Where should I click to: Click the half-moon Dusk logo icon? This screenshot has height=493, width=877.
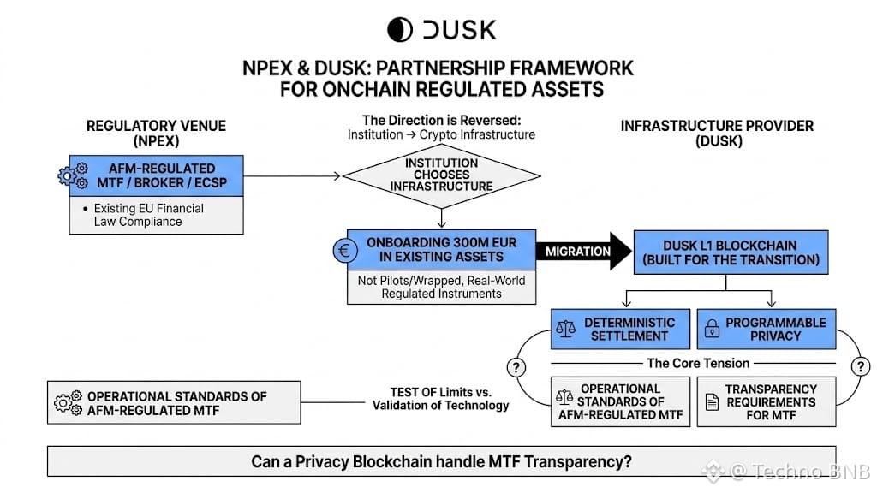coord(400,30)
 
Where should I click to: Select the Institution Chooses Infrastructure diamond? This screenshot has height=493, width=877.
coord(441,175)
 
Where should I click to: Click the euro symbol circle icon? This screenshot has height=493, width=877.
coord(345,251)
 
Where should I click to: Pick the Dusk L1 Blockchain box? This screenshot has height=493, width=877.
coord(731,252)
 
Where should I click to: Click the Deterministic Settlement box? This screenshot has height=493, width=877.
coord(620,330)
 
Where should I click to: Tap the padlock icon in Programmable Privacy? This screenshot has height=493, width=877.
coord(712,328)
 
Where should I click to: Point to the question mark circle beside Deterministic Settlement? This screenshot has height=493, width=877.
coord(516,367)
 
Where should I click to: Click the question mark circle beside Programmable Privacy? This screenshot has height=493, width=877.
coord(860,366)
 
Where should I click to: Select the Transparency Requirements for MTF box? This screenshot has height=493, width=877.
coord(767,402)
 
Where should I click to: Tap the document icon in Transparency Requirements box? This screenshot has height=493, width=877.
coord(712,402)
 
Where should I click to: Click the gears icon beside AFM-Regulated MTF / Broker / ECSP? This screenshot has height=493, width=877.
coord(74,175)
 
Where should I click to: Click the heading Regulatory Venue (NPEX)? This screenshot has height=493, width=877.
coord(156,134)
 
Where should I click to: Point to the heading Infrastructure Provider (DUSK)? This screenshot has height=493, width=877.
coord(717,134)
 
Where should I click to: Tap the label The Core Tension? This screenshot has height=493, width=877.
coord(698,363)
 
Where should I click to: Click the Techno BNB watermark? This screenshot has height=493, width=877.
coord(787,472)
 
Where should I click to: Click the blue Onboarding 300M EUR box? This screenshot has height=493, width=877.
coord(441,250)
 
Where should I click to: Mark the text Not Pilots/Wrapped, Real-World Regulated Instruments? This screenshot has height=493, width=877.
coord(441,288)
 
